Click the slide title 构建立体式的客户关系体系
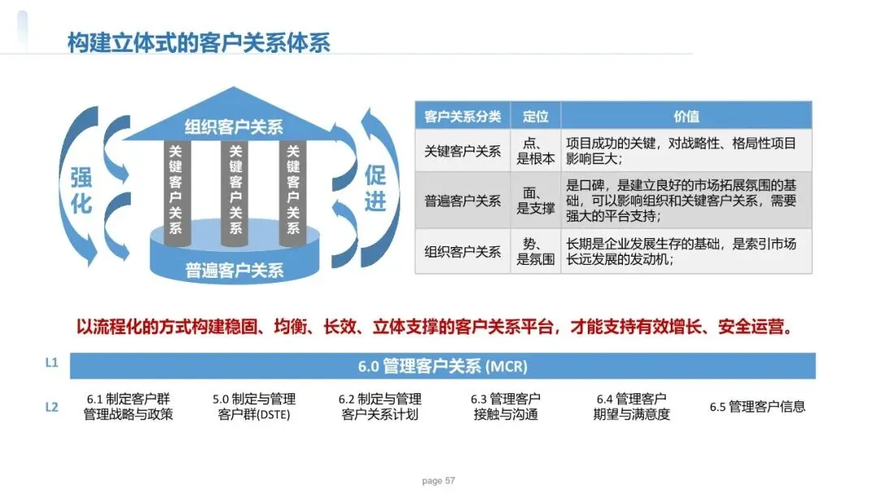pyautogui.click(x=199, y=41)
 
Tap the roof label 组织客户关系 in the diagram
pyautogui.click(x=234, y=127)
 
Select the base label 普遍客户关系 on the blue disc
pyautogui.click(x=235, y=270)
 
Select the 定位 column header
pyautogui.click(x=536, y=116)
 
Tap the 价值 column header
pyautogui.click(x=686, y=116)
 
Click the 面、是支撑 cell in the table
pyautogui.click(x=536, y=201)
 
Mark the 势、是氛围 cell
pyautogui.click(x=536, y=252)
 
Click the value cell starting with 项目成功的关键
pyautogui.click(x=686, y=151)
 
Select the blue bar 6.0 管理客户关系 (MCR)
pyautogui.click(x=443, y=366)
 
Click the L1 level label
pyautogui.click(x=52, y=364)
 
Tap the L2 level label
pyautogui.click(x=52, y=407)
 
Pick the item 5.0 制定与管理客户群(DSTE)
pyautogui.click(x=254, y=407)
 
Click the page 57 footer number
pyautogui.click(x=438, y=481)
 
